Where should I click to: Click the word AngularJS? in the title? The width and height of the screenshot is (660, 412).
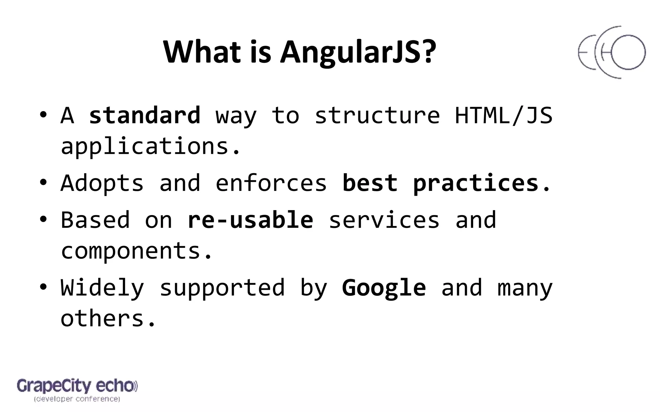358,52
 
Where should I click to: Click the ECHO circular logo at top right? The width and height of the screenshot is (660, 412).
612,52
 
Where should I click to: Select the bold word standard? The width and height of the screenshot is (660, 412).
144,115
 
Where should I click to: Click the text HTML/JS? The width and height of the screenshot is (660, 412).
503,115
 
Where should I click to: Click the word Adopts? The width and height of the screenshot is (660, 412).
102,183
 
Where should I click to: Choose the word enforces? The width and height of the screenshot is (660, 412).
271,183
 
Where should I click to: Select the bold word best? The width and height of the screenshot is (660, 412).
370,183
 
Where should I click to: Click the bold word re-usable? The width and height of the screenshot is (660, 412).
250,220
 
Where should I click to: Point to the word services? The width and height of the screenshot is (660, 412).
384,220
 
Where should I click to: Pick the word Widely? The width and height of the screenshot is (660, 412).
102,287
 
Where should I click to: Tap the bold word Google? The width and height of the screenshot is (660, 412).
383,287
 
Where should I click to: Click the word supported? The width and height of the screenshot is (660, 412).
222,287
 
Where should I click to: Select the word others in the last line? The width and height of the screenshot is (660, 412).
108,318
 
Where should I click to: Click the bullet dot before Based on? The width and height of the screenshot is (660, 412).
43,219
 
